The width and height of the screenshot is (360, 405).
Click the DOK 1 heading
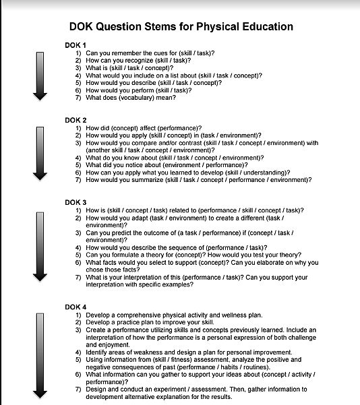pos(75,45)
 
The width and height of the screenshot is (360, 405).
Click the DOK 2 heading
pos(75,120)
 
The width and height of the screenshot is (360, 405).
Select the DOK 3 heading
pos(75,202)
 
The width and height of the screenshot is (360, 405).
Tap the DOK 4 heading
pos(75,307)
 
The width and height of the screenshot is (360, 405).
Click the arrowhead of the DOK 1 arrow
pos(40,96)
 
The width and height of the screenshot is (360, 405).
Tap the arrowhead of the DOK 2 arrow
pos(40,176)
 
